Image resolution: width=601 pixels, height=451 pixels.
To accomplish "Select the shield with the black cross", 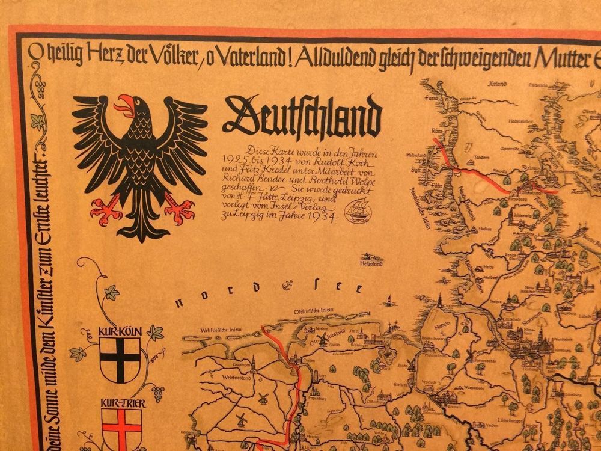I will pos(120,359).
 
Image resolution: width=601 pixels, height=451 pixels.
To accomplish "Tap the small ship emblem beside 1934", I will pos(359,210).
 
